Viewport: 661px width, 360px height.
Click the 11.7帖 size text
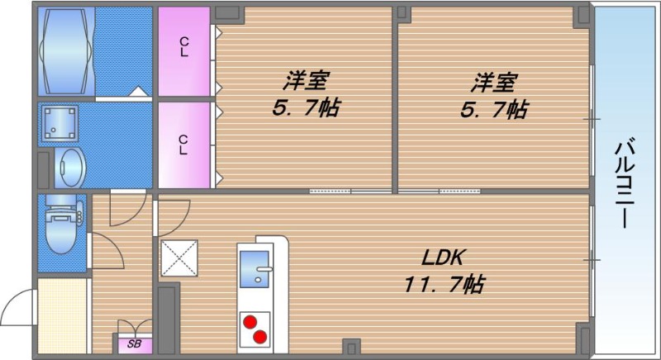tap(444, 285)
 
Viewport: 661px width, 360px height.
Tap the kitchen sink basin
tap(259, 269)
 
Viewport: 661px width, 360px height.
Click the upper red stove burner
tap(250, 322)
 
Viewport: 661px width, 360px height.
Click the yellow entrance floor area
tap(62, 318)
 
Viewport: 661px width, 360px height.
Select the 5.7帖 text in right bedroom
tap(496, 108)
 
